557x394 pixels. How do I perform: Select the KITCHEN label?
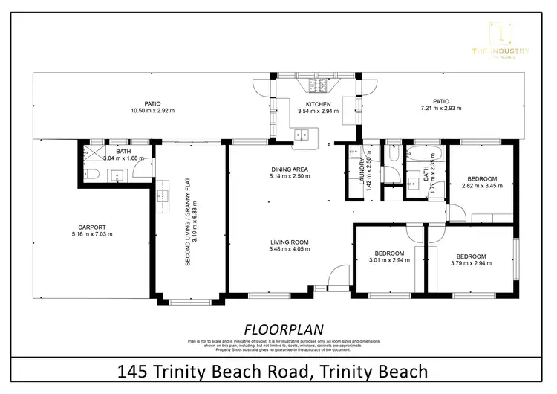click(x=319, y=104)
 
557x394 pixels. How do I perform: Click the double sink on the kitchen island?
click(x=302, y=135)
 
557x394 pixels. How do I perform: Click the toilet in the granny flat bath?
click(x=89, y=175)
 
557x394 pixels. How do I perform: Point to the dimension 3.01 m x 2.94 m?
click(x=389, y=261)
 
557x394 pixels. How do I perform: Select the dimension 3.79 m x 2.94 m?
click(x=471, y=261)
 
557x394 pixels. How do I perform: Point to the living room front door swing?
click(x=336, y=275)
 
